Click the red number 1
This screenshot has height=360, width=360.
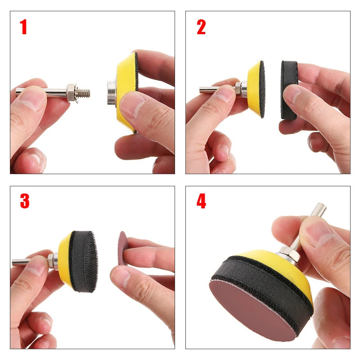tap(23, 27)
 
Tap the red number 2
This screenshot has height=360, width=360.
tap(201, 27)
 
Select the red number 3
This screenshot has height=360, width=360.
tap(24, 201)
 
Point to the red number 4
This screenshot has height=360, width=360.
tap(201, 201)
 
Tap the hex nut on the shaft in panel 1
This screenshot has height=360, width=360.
tap(72, 92)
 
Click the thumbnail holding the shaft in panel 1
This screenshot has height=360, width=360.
tap(31, 97)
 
